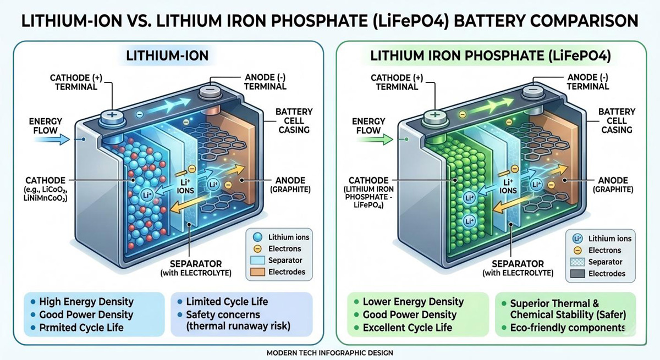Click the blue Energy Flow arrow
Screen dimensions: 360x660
pos(57,140)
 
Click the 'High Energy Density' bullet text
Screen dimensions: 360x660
pos(86,301)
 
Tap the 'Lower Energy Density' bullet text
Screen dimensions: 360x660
pos(413,302)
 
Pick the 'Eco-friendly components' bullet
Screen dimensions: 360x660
pos(568,328)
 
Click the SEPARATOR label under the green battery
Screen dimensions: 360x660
pos(518,264)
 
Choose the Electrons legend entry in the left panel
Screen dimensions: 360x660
pos(280,249)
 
